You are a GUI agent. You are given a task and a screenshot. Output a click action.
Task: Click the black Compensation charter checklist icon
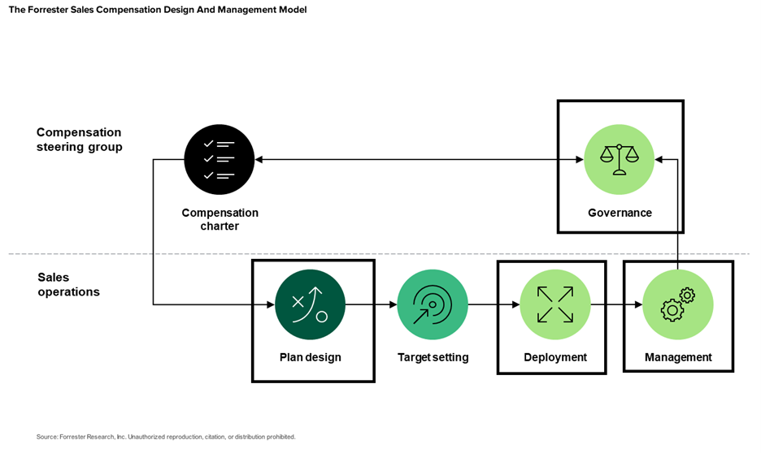219,160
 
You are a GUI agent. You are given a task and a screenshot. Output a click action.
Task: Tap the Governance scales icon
620,160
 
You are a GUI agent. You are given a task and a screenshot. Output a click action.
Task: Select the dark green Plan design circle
310,304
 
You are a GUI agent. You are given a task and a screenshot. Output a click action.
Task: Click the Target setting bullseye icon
432,304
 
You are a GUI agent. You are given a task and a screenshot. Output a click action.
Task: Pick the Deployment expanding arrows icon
554,304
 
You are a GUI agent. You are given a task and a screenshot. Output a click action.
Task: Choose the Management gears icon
677,304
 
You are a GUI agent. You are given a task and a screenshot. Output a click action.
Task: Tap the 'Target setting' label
433,357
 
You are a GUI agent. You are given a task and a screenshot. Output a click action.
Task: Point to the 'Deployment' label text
554,357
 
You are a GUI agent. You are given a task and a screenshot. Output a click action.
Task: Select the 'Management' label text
678,357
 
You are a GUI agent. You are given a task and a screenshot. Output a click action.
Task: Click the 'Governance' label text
620,213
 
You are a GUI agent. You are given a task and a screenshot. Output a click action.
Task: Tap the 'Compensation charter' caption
220,219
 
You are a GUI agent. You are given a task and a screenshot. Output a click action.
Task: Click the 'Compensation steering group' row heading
79,140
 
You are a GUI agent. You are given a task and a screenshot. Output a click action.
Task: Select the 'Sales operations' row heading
68,284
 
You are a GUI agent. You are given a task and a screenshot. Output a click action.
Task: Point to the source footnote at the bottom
166,437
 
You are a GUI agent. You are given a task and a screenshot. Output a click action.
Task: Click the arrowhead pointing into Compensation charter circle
259,160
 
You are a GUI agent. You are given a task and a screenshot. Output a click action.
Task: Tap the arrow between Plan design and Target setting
371,305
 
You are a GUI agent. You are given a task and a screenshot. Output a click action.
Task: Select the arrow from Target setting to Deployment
493,305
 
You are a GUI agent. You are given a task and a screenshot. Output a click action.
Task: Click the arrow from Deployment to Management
615,305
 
